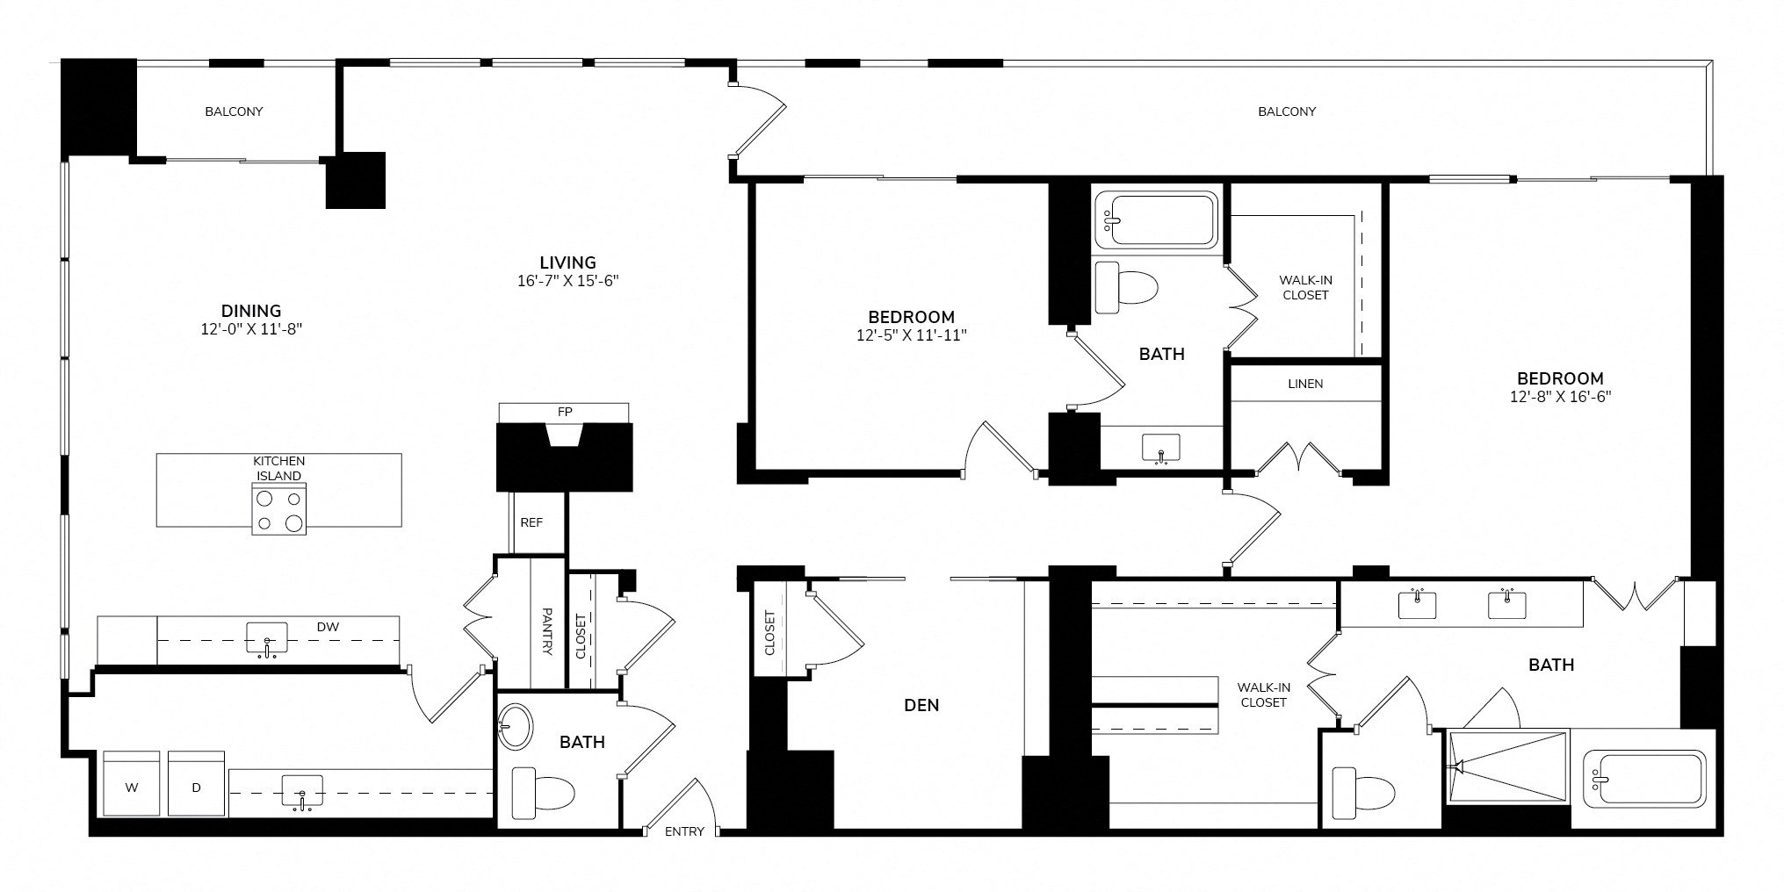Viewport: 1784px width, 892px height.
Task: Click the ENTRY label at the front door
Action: [684, 831]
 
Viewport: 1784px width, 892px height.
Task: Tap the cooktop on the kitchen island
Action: [279, 510]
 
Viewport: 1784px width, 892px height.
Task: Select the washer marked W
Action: [132, 783]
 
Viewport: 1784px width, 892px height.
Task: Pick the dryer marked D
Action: [196, 783]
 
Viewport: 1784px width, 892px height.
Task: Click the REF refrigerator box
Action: [531, 522]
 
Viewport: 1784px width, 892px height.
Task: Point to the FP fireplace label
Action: [564, 412]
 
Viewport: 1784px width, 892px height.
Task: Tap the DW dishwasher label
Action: [328, 627]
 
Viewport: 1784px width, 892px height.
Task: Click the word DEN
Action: [921, 705]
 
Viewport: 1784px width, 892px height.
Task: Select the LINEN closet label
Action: [1305, 384]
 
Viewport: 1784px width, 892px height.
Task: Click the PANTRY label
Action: [547, 632]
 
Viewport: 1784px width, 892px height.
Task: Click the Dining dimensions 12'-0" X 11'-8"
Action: [251, 329]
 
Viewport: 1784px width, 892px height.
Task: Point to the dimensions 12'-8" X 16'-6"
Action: [1560, 396]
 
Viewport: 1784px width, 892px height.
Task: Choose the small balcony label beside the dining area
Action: [234, 111]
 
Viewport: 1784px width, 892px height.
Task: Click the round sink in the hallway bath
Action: [516, 728]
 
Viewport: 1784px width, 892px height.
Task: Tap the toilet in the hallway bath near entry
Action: [543, 793]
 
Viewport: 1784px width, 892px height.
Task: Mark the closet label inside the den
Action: [770, 633]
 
